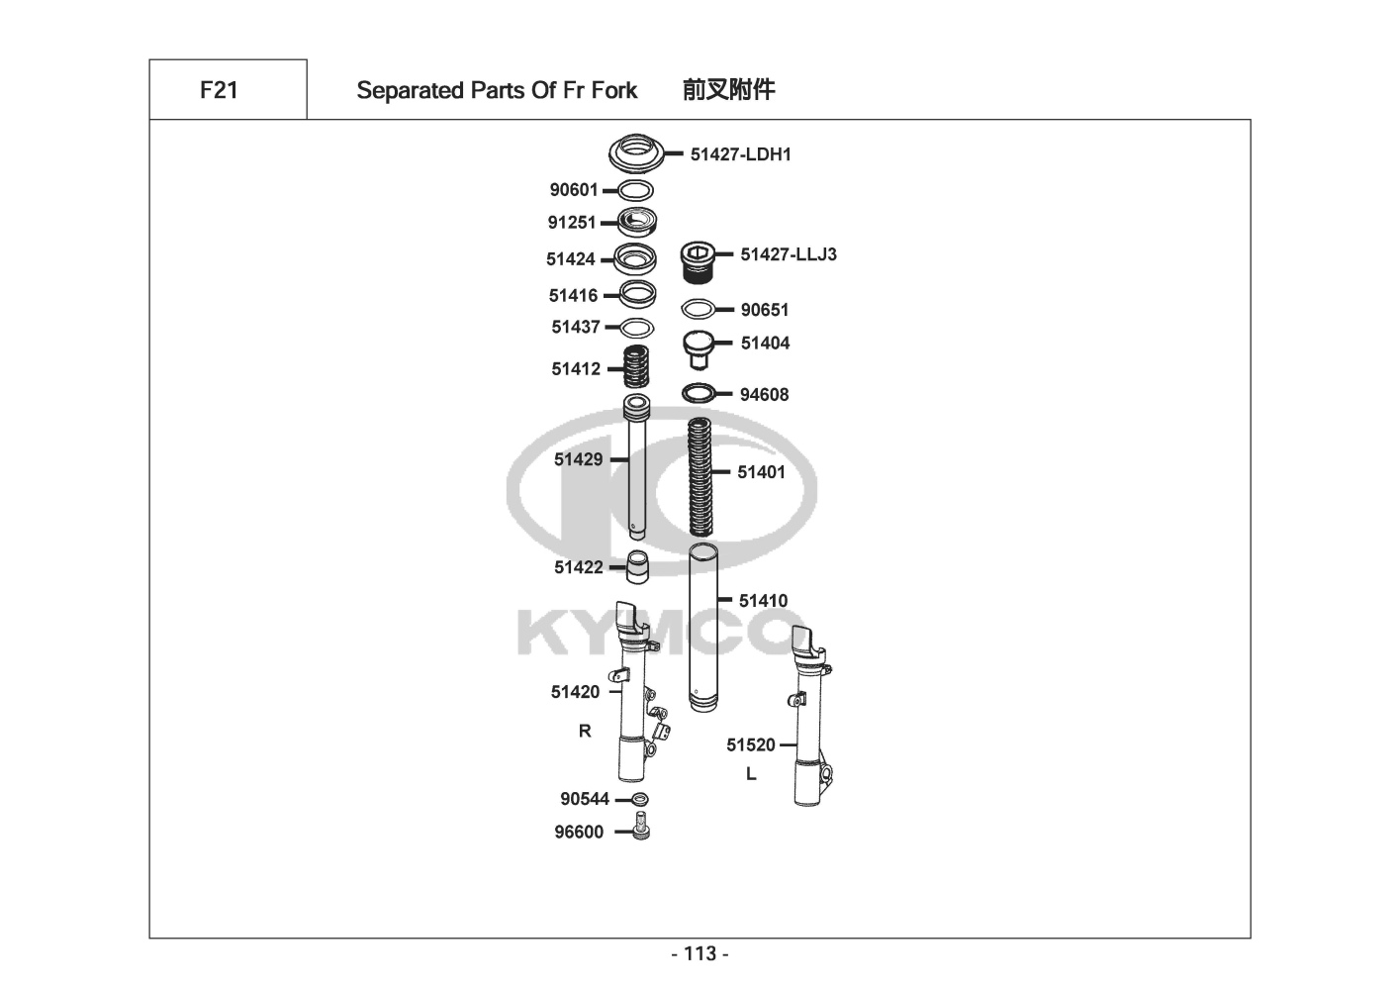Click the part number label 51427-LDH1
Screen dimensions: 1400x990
click(740, 154)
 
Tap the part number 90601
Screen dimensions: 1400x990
click(574, 190)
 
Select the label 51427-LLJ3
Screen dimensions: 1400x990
click(789, 254)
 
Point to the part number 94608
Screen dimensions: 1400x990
click(764, 395)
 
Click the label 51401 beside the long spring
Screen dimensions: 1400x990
click(761, 472)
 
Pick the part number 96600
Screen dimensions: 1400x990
click(578, 833)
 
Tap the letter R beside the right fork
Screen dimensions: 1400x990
click(585, 731)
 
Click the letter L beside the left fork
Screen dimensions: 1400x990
click(751, 774)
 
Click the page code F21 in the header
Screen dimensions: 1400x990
click(219, 90)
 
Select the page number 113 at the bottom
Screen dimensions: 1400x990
click(700, 953)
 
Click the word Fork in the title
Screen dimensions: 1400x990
click(614, 90)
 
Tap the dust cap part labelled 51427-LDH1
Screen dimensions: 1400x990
click(634, 154)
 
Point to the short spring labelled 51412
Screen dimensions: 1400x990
click(637, 367)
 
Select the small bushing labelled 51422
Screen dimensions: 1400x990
click(638, 566)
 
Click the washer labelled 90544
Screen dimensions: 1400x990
click(640, 799)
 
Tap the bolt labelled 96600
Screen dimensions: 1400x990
click(640, 827)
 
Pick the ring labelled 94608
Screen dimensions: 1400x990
click(698, 394)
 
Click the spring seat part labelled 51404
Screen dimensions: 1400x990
click(700, 346)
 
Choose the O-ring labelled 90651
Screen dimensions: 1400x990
click(699, 310)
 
